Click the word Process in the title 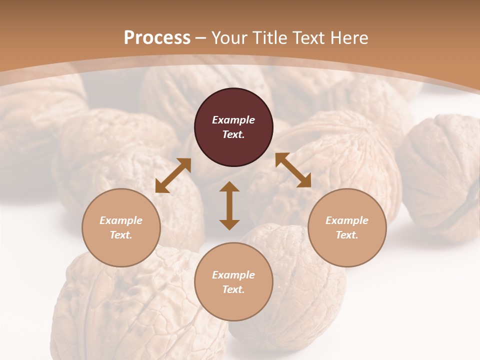(157, 38)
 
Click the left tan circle (121, 227)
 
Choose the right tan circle (347, 227)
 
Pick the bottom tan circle (233, 282)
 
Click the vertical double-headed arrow (229, 205)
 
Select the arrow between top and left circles (173, 175)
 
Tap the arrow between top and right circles (293, 170)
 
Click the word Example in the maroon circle (233, 120)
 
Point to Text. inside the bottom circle (233, 289)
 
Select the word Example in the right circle (347, 220)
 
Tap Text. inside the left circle (121, 235)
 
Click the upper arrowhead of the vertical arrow (229, 187)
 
